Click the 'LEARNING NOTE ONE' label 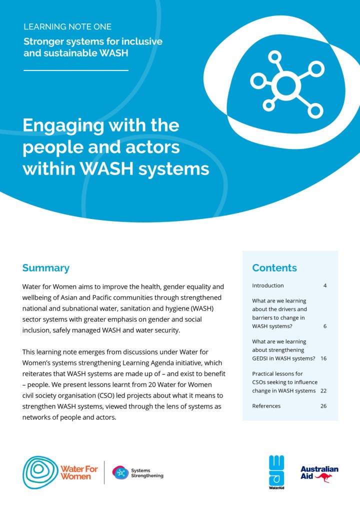click(x=67, y=26)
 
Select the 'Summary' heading click(x=45, y=268)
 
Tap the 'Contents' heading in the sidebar click(x=274, y=268)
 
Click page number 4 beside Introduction click(x=325, y=286)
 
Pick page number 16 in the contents click(x=323, y=358)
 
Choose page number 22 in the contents click(x=323, y=391)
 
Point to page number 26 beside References click(x=323, y=406)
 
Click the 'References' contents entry click(x=266, y=406)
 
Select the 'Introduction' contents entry click(x=267, y=286)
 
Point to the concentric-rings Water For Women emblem click(x=39, y=471)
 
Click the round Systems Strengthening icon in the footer click(x=120, y=472)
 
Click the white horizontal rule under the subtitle click(x=76, y=70)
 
